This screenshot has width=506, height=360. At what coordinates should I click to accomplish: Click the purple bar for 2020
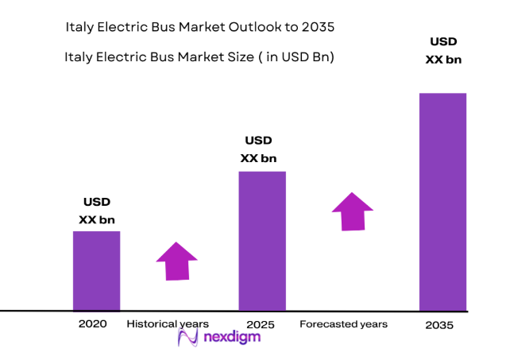pos(96,271)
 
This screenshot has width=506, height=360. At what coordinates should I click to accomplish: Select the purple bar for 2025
pos(262,241)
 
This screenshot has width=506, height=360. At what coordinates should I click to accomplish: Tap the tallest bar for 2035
pos(442,201)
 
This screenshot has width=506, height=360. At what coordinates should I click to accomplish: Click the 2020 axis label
pos(92,324)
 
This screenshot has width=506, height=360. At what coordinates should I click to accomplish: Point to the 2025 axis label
pos(261,324)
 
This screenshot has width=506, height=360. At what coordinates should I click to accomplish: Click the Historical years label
pos(168,324)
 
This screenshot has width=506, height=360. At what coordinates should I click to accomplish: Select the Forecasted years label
pos(343,324)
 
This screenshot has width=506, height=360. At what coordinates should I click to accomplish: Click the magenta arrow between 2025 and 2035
pos(352,211)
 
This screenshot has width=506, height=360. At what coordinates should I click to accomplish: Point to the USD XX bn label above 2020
pos(97,211)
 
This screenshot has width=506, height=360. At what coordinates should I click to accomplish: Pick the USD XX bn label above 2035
pos(443,50)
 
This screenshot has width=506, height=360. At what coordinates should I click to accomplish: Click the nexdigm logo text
pos(231,337)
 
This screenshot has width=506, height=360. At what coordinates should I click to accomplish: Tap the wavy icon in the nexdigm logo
pos(188,338)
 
